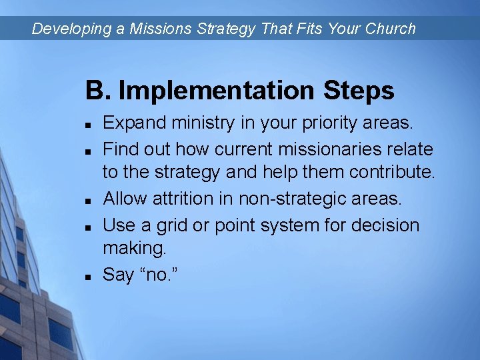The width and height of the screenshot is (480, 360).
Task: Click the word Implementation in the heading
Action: pyautogui.click(x=217, y=91)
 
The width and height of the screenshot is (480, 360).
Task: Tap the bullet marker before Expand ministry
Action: pyautogui.click(x=89, y=125)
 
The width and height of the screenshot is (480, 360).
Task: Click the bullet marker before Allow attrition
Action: pyautogui.click(x=89, y=200)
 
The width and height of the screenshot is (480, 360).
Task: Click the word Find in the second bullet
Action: pyautogui.click(x=121, y=149)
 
